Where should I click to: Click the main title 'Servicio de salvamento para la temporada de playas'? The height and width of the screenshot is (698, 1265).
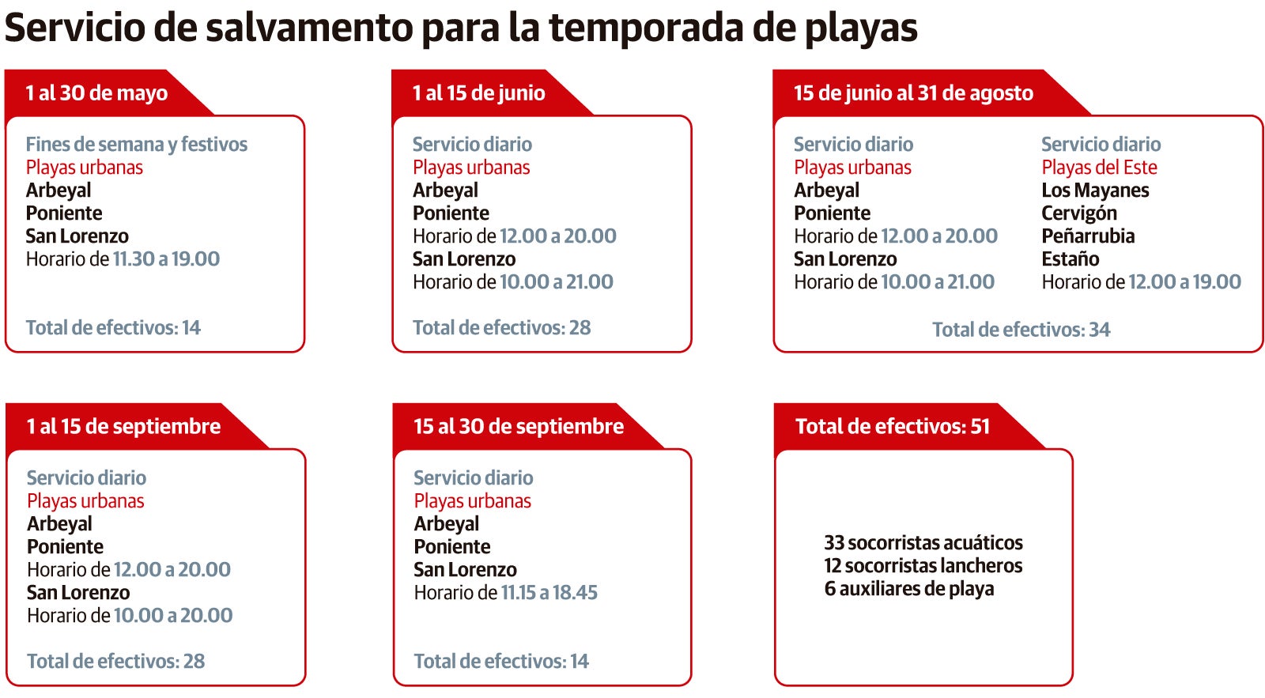click(x=461, y=28)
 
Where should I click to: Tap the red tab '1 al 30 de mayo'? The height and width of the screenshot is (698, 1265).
click(x=96, y=93)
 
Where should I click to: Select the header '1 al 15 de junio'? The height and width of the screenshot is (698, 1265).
click(x=478, y=93)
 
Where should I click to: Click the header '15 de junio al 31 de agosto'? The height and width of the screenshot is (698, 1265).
click(x=913, y=93)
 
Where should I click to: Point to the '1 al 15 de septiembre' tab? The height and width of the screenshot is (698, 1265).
click(x=123, y=427)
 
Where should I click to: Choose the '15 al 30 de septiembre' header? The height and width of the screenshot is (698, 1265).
click(x=518, y=427)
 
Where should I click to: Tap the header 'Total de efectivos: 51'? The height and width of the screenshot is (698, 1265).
click(x=892, y=427)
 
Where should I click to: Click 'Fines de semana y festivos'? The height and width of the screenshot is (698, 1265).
click(x=136, y=145)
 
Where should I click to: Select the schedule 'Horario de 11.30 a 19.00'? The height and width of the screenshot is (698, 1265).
click(x=123, y=259)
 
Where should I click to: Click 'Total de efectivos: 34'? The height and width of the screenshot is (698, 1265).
click(x=1021, y=330)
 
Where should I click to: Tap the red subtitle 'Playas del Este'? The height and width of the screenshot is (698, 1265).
click(x=1099, y=168)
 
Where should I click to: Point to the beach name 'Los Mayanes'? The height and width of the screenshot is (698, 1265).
click(x=1095, y=191)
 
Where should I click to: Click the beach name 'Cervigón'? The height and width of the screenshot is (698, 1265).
click(x=1079, y=213)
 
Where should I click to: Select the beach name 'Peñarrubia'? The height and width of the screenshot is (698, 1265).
click(x=1088, y=236)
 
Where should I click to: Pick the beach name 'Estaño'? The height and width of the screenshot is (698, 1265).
click(x=1070, y=259)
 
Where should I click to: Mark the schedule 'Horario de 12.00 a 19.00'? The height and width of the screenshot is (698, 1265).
click(x=1141, y=282)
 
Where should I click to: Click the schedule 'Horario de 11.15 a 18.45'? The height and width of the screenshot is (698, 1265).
click(x=505, y=593)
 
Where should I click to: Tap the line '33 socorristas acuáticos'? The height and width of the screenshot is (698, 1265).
click(x=923, y=543)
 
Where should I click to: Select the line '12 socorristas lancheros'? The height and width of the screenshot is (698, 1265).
click(x=923, y=566)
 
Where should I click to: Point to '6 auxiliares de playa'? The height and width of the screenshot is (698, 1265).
click(x=908, y=589)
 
